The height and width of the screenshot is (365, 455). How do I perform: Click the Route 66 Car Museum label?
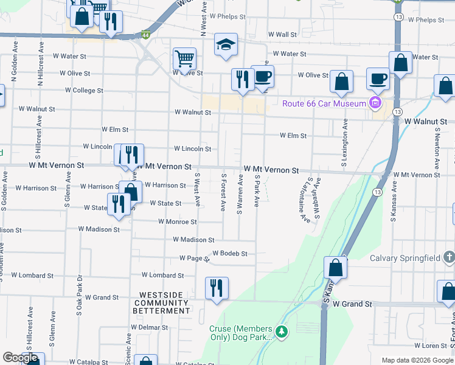[x=325, y=103]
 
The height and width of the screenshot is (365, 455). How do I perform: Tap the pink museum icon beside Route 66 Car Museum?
[x=374, y=103]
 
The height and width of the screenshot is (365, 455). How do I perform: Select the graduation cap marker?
[x=226, y=45]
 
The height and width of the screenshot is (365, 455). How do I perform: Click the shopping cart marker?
[x=184, y=59]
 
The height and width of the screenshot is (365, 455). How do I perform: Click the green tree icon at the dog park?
[x=281, y=332]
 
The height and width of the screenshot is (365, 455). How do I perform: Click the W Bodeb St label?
[x=230, y=253]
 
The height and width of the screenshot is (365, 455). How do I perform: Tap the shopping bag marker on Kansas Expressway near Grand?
[x=335, y=267]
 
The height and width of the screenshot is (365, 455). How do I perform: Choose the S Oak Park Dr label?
[x=79, y=294]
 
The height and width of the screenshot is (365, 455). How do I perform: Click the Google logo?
[x=21, y=358]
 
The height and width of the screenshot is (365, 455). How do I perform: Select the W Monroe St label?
[x=177, y=222]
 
